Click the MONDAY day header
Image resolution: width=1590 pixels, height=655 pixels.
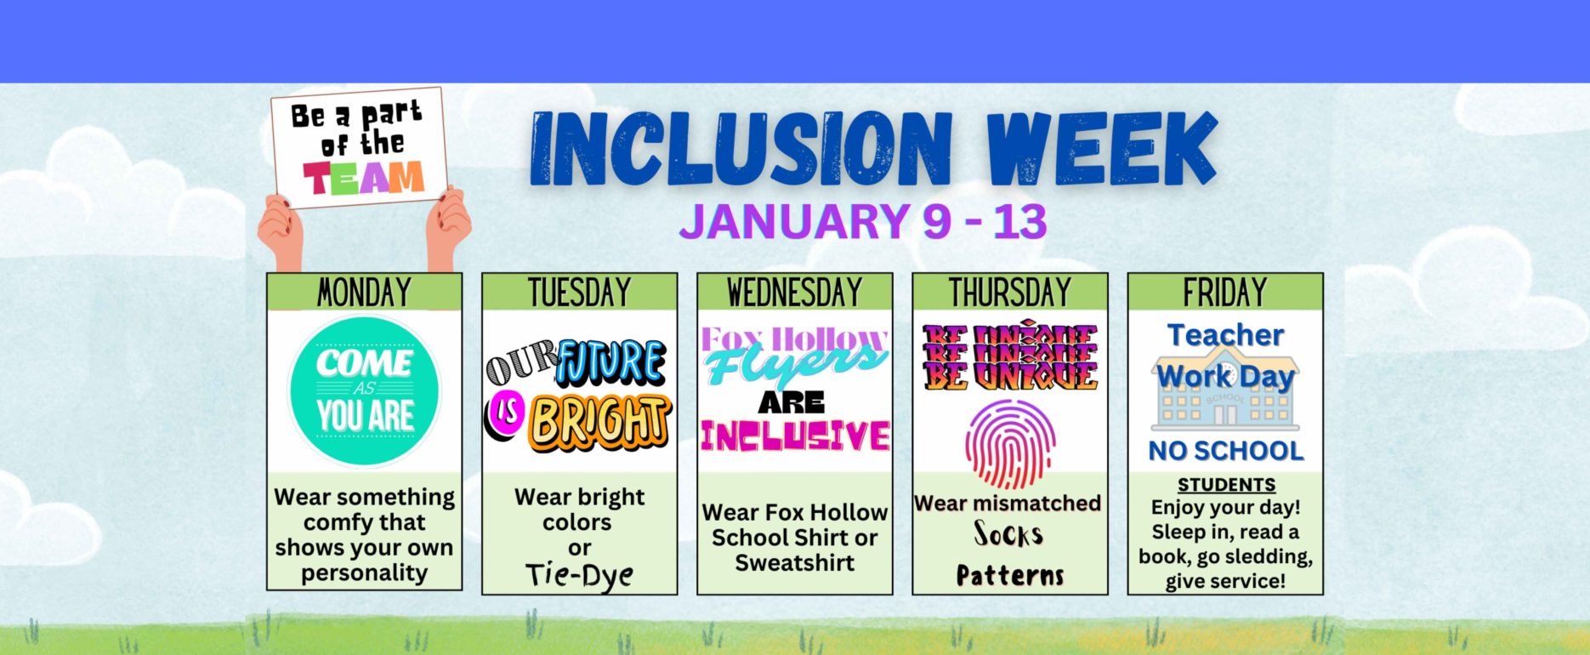pyautogui.click(x=364, y=293)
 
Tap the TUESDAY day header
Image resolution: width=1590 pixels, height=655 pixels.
pyautogui.click(x=579, y=293)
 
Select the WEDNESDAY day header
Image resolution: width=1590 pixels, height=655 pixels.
pyautogui.click(x=794, y=293)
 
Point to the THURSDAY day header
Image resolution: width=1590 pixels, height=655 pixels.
pyautogui.click(x=1009, y=293)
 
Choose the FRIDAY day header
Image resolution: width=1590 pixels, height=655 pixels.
pyautogui.click(x=1224, y=293)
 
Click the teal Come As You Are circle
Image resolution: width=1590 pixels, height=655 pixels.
pyautogui.click(x=365, y=390)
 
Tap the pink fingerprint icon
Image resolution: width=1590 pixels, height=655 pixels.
pyautogui.click(x=1010, y=444)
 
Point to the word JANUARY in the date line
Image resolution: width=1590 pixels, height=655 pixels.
pyautogui.click(x=793, y=221)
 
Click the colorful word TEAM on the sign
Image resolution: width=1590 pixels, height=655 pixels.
pyautogui.click(x=363, y=178)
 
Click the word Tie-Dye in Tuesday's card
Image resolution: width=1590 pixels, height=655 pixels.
pyautogui.click(x=579, y=575)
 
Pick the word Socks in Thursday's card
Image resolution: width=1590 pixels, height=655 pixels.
pyautogui.click(x=1008, y=535)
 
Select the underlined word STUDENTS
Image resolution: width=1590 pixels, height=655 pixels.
pyautogui.click(x=1226, y=485)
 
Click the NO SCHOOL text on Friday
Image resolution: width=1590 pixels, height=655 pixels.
pyautogui.click(x=1226, y=451)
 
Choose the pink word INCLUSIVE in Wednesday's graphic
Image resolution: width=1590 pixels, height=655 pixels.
pyautogui.click(x=795, y=436)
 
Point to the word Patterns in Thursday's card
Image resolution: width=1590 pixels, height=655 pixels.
pyautogui.click(x=1010, y=576)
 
